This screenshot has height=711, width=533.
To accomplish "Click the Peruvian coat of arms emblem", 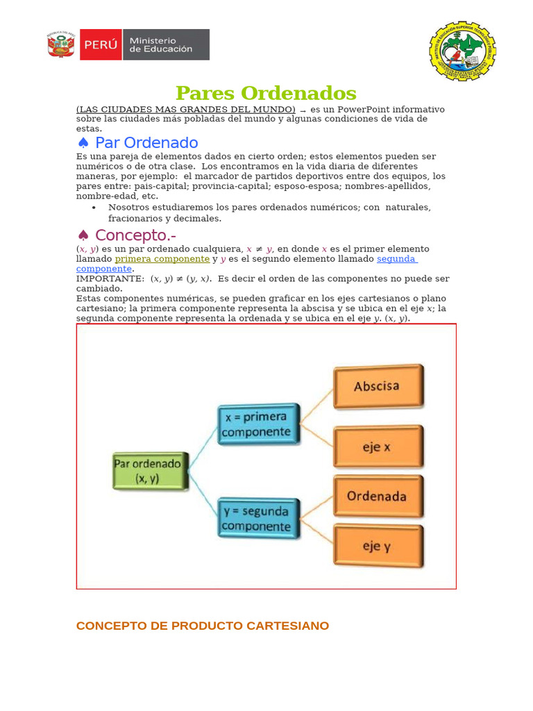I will click(x=61, y=44).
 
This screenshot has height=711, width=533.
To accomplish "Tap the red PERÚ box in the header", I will click(x=101, y=44).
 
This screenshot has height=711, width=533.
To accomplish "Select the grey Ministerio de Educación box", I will click(x=166, y=44).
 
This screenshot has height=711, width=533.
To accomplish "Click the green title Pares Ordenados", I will click(x=266, y=93).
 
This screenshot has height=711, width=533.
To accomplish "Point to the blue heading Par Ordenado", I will click(x=146, y=143).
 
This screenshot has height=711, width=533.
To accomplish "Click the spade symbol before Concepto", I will click(x=83, y=235).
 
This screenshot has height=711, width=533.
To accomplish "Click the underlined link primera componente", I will click(x=162, y=259).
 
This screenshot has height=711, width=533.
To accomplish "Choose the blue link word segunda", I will click(x=396, y=259).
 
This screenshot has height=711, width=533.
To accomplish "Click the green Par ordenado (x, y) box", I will click(x=149, y=471).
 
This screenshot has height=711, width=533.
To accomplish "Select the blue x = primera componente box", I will click(x=258, y=424).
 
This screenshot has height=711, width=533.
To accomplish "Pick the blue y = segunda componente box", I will click(x=258, y=518).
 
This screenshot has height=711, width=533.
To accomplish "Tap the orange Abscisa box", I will click(x=378, y=387).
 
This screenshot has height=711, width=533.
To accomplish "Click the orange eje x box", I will click(x=378, y=447).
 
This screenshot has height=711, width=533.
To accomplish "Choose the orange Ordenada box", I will click(x=378, y=496).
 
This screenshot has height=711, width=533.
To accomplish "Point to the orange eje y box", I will click(x=378, y=546).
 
